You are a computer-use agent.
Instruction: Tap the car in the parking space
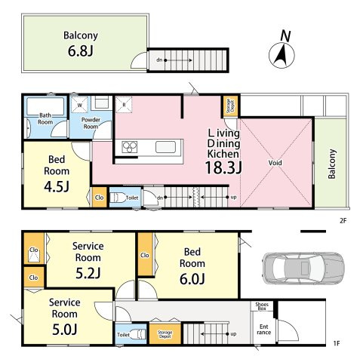point(303,268)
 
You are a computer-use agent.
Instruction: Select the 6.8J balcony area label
point(81,51)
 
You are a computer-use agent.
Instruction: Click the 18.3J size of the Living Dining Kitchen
point(223,167)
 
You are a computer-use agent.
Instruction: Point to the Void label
point(275,163)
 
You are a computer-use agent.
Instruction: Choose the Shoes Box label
point(262,306)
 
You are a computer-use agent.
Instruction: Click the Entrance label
point(264,330)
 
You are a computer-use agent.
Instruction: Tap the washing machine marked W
point(79,105)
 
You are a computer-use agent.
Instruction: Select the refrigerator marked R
point(124,105)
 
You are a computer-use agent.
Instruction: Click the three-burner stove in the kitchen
point(130,147)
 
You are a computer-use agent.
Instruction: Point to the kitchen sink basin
point(165,147)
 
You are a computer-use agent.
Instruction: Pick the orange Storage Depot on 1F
point(165,334)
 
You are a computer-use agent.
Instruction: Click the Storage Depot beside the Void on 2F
point(230,106)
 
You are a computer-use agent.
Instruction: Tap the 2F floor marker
point(343,221)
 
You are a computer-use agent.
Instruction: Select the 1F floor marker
point(337,343)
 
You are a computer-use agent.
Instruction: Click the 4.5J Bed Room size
point(57,186)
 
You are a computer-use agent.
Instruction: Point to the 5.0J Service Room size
point(64,330)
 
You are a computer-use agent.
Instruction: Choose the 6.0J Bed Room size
point(192,279)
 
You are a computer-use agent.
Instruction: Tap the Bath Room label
point(45,118)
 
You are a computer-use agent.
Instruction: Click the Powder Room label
point(91,123)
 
